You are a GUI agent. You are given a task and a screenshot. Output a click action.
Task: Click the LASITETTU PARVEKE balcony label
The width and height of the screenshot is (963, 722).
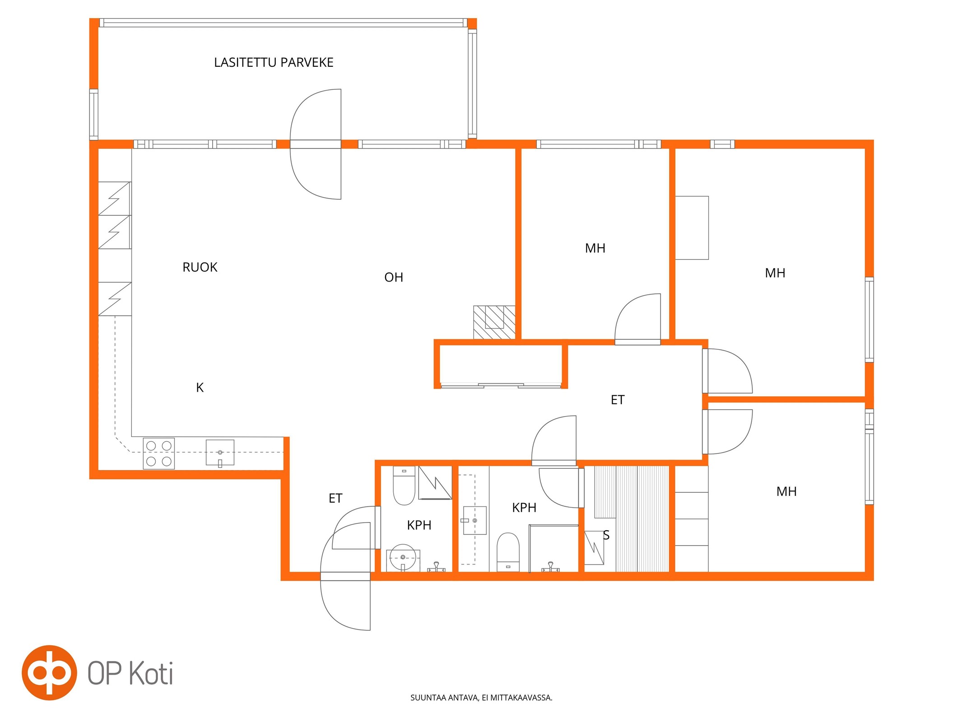click(274, 62)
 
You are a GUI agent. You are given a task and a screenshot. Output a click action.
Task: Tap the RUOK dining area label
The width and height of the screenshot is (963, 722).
click(200, 267)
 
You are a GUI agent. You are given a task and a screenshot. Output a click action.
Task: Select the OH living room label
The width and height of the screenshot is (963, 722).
click(393, 277)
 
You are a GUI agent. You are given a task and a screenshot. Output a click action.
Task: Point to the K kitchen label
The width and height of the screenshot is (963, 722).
click(200, 387)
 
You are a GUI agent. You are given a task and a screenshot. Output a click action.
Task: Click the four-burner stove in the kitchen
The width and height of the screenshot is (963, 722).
click(159, 453)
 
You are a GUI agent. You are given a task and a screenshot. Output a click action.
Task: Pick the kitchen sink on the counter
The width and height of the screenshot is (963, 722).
click(220, 453)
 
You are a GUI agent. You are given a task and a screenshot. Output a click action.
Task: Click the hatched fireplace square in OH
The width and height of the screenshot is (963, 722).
click(494, 322)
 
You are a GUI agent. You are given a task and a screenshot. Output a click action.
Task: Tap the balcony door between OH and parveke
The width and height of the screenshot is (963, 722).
click(315, 144)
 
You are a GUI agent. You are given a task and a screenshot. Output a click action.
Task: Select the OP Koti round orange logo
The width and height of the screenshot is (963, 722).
click(49, 672)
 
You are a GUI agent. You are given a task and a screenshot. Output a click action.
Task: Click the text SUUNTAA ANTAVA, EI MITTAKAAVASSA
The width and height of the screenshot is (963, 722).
click(481, 697)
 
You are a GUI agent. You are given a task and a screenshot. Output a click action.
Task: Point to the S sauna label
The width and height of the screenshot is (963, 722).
click(606, 535)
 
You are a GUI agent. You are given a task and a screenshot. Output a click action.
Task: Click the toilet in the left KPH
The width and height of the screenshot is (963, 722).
click(404, 486)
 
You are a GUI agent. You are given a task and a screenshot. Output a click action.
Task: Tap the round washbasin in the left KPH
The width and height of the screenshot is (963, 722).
click(403, 557)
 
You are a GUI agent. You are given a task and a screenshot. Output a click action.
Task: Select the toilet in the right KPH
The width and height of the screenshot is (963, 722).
click(508, 552)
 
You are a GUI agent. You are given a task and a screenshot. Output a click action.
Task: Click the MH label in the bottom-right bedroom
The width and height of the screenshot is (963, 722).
click(786, 491)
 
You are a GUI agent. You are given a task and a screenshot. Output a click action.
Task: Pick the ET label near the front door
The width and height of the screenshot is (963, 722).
click(335, 498)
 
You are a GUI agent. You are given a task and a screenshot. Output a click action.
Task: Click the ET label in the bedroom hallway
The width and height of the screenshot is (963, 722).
click(618, 400)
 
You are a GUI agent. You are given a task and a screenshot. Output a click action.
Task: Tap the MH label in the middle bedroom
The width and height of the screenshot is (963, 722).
click(595, 248)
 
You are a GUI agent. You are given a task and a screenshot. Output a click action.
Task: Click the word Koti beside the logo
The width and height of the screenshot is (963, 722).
click(151, 674)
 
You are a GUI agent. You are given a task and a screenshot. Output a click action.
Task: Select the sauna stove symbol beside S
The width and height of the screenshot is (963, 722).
click(594, 548)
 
